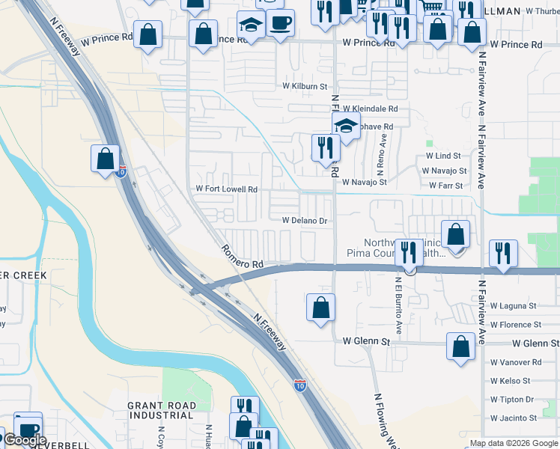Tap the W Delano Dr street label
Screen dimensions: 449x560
click(x=305, y=221)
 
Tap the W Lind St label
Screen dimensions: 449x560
click(x=443, y=156)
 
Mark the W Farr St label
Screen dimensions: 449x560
click(x=446, y=185)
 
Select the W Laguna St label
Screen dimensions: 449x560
click(x=514, y=306)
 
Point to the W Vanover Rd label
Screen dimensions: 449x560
click(x=515, y=362)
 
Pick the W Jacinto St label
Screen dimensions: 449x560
click(x=514, y=418)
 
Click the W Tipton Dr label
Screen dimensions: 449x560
click(x=512, y=400)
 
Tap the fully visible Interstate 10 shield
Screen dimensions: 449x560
click(x=299, y=385)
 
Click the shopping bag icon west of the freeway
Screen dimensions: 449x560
click(x=105, y=158)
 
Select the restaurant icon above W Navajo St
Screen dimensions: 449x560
click(x=325, y=147)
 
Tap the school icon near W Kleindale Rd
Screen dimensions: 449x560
click(x=346, y=125)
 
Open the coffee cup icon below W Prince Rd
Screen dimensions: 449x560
click(x=280, y=22)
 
